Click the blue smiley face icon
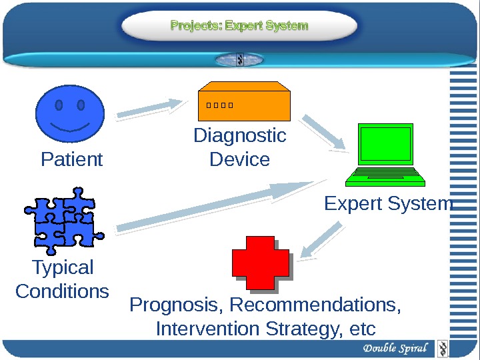pyautogui.click(x=70, y=114)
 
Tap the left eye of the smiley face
pyautogui.click(x=59, y=105)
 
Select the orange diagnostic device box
pyautogui.click(x=245, y=103)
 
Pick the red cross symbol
pyautogui.click(x=261, y=263)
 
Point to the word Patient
pyautogui.click(x=72, y=160)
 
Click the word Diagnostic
pyautogui.click(x=239, y=136)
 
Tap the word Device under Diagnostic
pyautogui.click(x=239, y=160)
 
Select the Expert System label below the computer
pyautogui.click(x=388, y=203)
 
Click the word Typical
pyautogui.click(x=63, y=268)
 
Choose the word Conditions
pyautogui.click(x=62, y=291)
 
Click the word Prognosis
pyautogui.click(x=177, y=305)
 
